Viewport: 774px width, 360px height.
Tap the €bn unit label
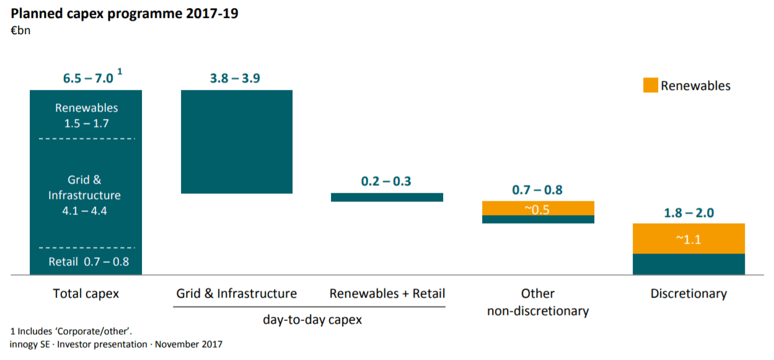tap(20, 30)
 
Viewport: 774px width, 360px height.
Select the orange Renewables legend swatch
tap(650, 85)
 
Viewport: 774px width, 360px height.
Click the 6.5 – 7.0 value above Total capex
tap(88, 78)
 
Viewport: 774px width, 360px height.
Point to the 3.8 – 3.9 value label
tap(236, 78)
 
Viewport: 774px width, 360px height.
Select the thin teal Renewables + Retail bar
tap(387, 197)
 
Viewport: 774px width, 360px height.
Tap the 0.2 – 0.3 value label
tap(386, 182)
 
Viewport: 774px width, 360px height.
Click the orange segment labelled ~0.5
tap(538, 208)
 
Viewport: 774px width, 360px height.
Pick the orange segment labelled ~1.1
tap(688, 239)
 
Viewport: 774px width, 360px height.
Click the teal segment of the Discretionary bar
tap(688, 264)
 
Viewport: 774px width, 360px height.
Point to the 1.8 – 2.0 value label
tap(688, 213)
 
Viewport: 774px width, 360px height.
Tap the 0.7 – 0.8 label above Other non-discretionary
tap(538, 190)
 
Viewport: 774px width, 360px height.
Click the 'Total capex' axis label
tap(86, 293)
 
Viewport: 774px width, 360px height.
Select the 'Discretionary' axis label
tap(688, 293)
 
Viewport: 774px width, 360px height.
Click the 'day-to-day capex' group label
tap(312, 320)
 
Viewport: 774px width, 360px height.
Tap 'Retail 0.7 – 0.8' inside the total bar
tap(89, 261)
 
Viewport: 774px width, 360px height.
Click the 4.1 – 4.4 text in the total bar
tap(86, 211)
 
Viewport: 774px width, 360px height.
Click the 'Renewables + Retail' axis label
tap(387, 293)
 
